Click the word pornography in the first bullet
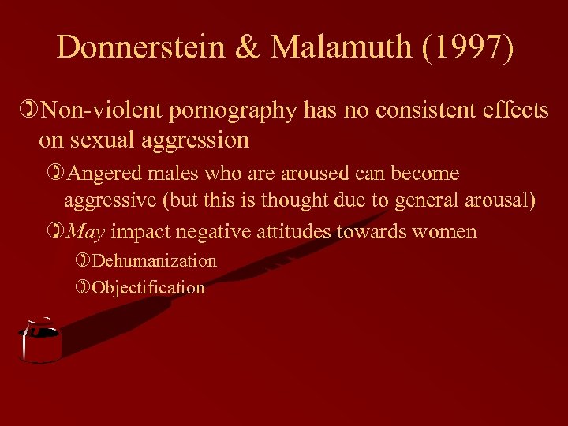tap(219, 111)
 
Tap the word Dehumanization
tap(154, 260)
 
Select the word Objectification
tap(148, 287)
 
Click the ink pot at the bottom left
tap(39, 342)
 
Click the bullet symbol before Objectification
tap(84, 287)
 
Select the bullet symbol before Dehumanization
tap(84, 260)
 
